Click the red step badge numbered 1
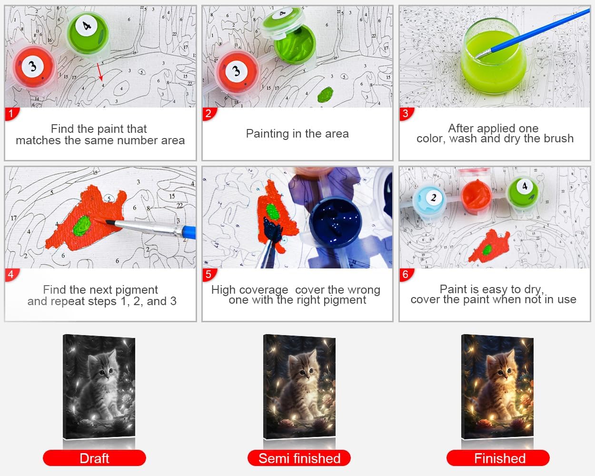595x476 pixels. coord(11,114)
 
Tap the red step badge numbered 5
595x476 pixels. coord(209,275)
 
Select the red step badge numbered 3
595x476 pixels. coord(406,114)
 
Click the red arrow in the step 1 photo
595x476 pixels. coord(100,72)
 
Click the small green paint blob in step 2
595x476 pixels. coord(325,94)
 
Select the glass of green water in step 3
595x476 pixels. coord(494,57)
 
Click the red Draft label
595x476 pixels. coord(95,458)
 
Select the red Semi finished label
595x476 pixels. coord(299,458)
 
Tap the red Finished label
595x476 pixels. coord(498,458)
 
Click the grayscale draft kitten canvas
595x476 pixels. coord(99,387)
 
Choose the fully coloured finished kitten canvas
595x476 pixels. coord(497,387)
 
